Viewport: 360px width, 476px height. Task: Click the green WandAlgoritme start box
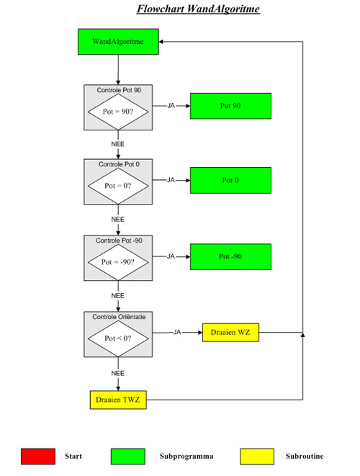click(118, 42)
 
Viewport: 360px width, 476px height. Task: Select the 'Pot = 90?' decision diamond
click(118, 112)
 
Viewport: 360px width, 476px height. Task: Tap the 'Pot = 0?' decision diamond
click(118, 186)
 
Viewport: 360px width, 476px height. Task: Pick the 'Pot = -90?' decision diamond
click(118, 262)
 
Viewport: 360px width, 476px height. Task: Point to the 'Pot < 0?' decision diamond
click(118, 338)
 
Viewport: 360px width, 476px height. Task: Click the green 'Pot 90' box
click(230, 106)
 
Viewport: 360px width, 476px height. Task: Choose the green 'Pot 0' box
click(230, 180)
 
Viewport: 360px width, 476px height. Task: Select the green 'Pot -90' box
click(230, 256)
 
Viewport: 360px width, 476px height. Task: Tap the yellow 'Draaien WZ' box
click(230, 333)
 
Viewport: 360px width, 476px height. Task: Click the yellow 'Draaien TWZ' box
click(118, 400)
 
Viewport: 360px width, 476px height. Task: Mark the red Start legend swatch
click(38, 457)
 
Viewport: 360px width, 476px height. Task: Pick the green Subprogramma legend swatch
click(127, 457)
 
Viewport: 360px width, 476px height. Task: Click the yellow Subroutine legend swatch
click(257, 457)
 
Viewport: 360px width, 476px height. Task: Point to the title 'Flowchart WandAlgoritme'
click(198, 9)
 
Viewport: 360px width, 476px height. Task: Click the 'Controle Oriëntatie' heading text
click(119, 317)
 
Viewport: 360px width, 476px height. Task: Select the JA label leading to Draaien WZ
click(177, 332)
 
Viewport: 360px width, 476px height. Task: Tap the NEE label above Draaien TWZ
click(118, 373)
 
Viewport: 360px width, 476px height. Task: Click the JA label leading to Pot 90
click(171, 106)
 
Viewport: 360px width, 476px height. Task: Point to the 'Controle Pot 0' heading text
click(119, 164)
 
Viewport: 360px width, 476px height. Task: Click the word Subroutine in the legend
click(305, 456)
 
